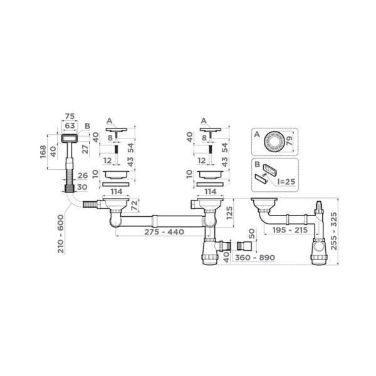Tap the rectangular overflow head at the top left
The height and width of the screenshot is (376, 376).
tap(70, 137)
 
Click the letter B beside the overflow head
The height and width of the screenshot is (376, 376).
tap(87, 126)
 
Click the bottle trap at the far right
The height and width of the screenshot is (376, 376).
tap(321, 248)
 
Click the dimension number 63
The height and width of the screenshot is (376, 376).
tap(70, 125)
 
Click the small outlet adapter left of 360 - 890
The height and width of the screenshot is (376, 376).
tap(239, 246)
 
